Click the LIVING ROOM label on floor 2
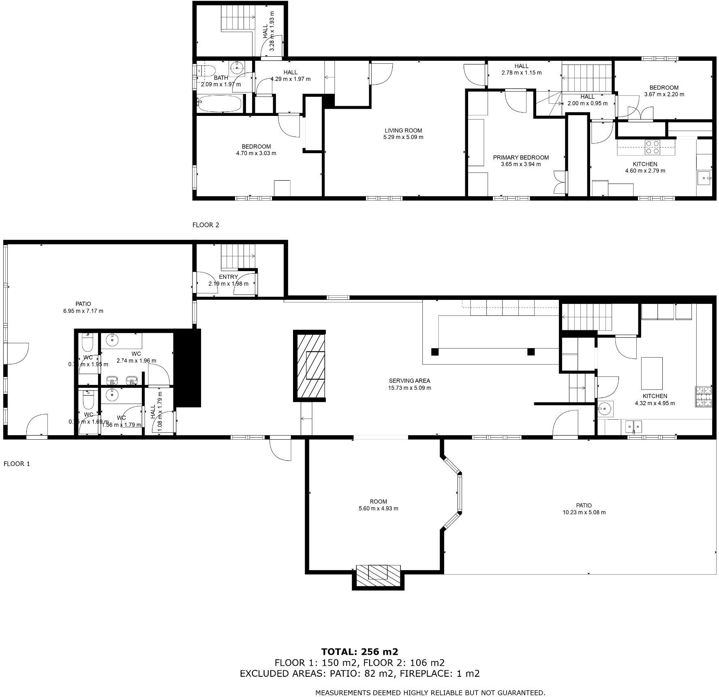pyautogui.click(x=403, y=130)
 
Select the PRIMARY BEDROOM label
pyautogui.click(x=520, y=158)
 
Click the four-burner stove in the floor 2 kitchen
pyautogui.click(x=652, y=147)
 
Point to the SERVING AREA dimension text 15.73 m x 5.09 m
pyautogui.click(x=409, y=388)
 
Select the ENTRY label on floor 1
pyautogui.click(x=228, y=277)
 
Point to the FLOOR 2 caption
pyautogui.click(x=205, y=225)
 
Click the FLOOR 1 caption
pyautogui.click(x=17, y=464)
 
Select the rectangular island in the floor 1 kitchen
pyautogui.click(x=652, y=373)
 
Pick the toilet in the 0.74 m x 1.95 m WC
pyautogui.click(x=88, y=342)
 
